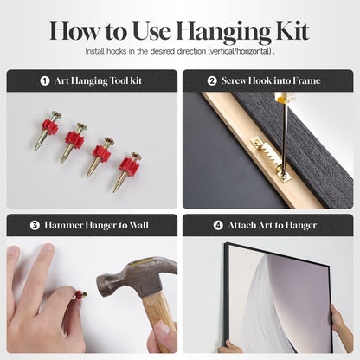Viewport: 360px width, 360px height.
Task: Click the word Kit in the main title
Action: click(x=292, y=30)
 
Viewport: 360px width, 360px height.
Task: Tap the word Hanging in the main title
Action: click(x=224, y=32)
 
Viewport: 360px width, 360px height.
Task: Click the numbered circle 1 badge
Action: click(x=45, y=80)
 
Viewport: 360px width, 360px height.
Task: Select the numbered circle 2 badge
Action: click(x=212, y=80)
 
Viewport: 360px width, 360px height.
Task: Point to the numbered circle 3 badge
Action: click(x=35, y=225)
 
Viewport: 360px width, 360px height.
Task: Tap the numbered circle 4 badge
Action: click(x=218, y=225)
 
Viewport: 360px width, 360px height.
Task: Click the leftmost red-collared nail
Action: click(x=48, y=130)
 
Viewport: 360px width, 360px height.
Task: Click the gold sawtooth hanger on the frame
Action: click(x=271, y=158)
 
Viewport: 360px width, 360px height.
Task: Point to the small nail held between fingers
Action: click(x=80, y=295)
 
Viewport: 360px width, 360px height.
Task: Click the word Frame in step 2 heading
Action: click(x=306, y=80)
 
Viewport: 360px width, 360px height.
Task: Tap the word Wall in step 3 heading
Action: click(x=138, y=225)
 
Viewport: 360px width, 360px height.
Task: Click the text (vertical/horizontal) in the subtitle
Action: click(x=240, y=51)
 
